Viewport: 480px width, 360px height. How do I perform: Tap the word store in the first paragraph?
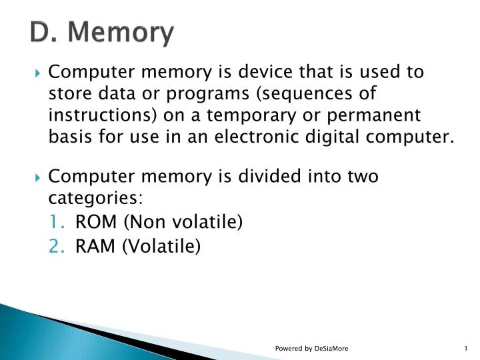(69, 93)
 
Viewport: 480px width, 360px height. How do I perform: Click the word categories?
(94, 199)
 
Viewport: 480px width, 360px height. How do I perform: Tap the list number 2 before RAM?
(56, 246)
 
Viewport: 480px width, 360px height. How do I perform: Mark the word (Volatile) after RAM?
(161, 246)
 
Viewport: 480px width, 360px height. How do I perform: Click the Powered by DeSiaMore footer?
(311, 349)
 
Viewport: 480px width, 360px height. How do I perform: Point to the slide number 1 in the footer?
(465, 349)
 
